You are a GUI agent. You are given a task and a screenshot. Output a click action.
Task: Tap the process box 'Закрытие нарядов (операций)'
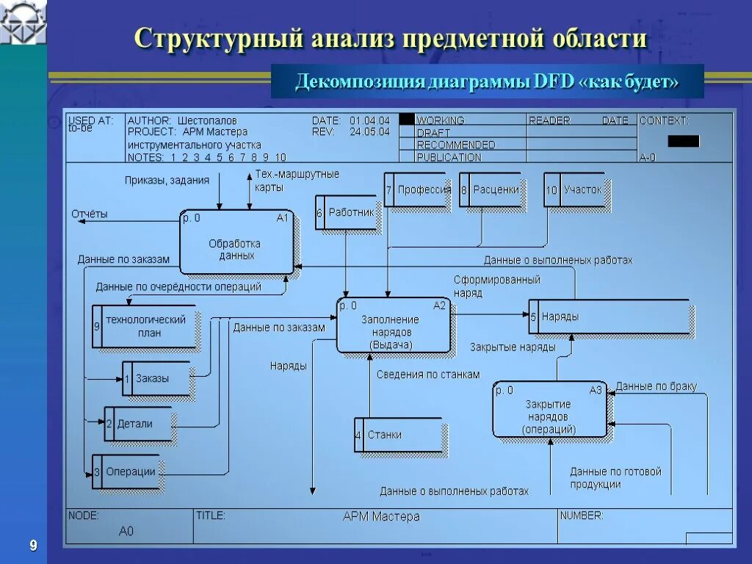pyautogui.click(x=549, y=411)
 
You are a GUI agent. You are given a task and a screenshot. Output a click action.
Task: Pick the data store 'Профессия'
pyautogui.click(x=419, y=189)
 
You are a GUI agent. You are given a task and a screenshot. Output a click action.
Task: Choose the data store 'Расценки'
pyautogui.click(x=491, y=189)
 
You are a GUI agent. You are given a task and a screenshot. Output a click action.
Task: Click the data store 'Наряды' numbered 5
pyautogui.click(x=610, y=317)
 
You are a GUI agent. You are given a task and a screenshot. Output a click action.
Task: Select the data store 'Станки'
pyautogui.click(x=397, y=435)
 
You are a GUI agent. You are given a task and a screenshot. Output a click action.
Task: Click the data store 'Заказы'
pyautogui.click(x=156, y=379)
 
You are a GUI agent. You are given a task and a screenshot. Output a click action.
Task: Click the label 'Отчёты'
pyautogui.click(x=90, y=214)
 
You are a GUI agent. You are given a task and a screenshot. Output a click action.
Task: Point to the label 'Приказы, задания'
pyautogui.click(x=167, y=180)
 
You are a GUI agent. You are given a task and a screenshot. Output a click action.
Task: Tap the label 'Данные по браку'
pyautogui.click(x=656, y=386)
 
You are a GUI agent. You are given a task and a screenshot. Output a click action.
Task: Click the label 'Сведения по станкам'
pyautogui.click(x=428, y=375)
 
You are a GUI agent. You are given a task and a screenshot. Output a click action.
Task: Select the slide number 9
pyautogui.click(x=33, y=545)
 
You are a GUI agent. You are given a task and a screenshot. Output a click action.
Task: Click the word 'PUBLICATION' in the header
pyautogui.click(x=449, y=157)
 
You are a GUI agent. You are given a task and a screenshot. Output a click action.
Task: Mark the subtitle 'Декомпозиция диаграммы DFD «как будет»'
pyautogui.click(x=487, y=82)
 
